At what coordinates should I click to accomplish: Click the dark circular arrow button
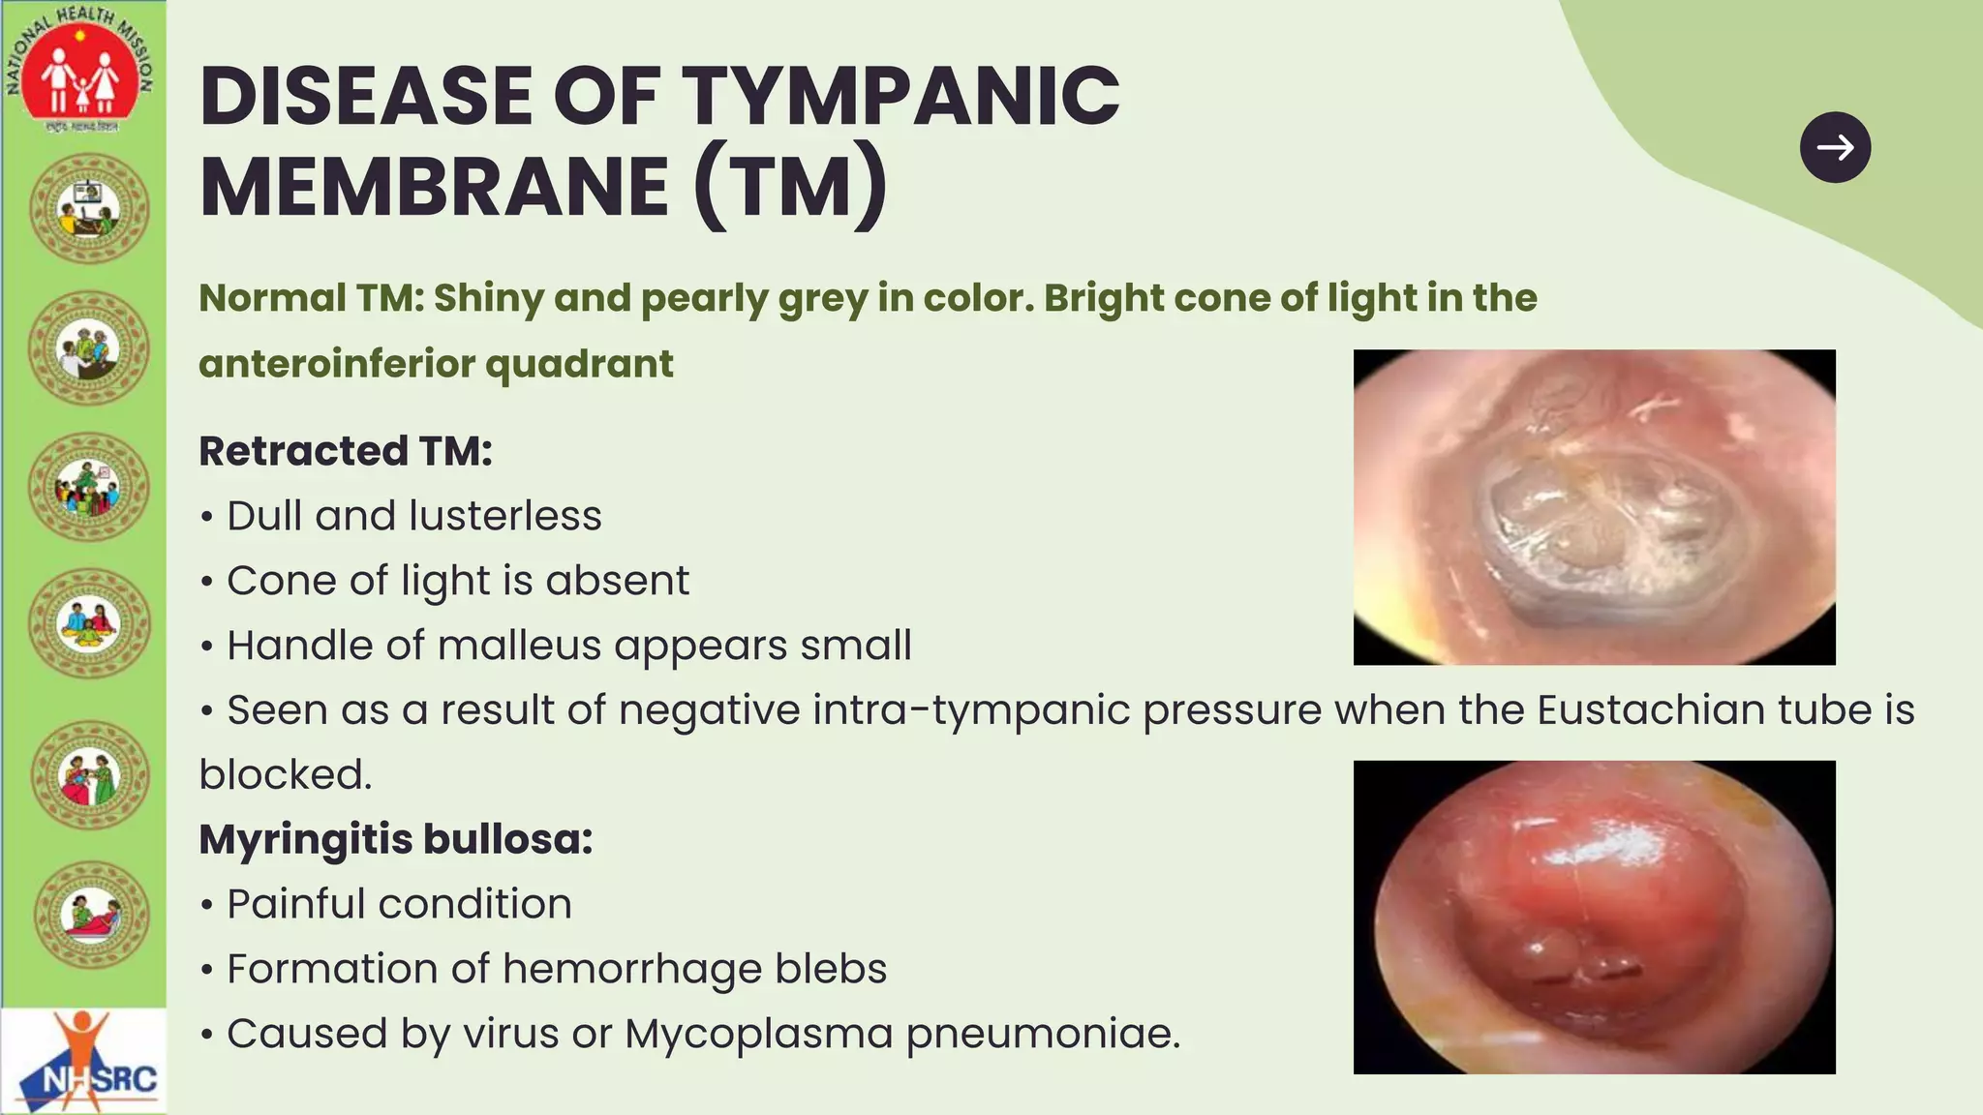[x=1835, y=147]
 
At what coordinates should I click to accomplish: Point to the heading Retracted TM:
[x=346, y=451]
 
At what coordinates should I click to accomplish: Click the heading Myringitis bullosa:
[x=395, y=839]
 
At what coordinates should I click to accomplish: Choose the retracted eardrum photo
[x=1594, y=507]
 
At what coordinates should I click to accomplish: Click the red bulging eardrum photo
[x=1594, y=918]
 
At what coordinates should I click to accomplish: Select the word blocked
[x=285, y=774]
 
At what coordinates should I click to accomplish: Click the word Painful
[x=295, y=904]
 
